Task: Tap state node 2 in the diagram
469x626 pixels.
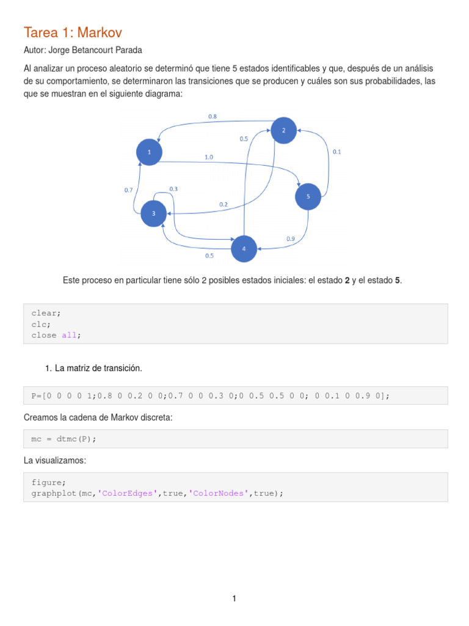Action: pyautogui.click(x=283, y=130)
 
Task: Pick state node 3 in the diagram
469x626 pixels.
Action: pyautogui.click(x=153, y=213)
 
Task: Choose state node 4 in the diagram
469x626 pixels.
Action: pyautogui.click(x=244, y=249)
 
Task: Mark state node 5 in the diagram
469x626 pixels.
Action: pyautogui.click(x=308, y=196)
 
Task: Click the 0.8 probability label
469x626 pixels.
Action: pyautogui.click(x=212, y=116)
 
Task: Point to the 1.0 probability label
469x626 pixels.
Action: pyautogui.click(x=209, y=157)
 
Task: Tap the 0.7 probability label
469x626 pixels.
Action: pyautogui.click(x=128, y=190)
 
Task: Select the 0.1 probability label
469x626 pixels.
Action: pyautogui.click(x=336, y=152)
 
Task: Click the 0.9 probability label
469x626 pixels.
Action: pyautogui.click(x=291, y=238)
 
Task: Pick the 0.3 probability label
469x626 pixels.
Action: pyautogui.click(x=173, y=189)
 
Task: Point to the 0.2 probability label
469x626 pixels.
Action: pyautogui.click(x=224, y=204)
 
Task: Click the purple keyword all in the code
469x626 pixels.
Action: pyautogui.click(x=68, y=335)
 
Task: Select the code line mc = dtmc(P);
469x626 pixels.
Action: pyautogui.click(x=64, y=439)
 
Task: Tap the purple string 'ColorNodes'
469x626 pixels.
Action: pyautogui.click(x=218, y=493)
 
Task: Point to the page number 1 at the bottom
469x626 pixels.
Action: pyautogui.click(x=234, y=598)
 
